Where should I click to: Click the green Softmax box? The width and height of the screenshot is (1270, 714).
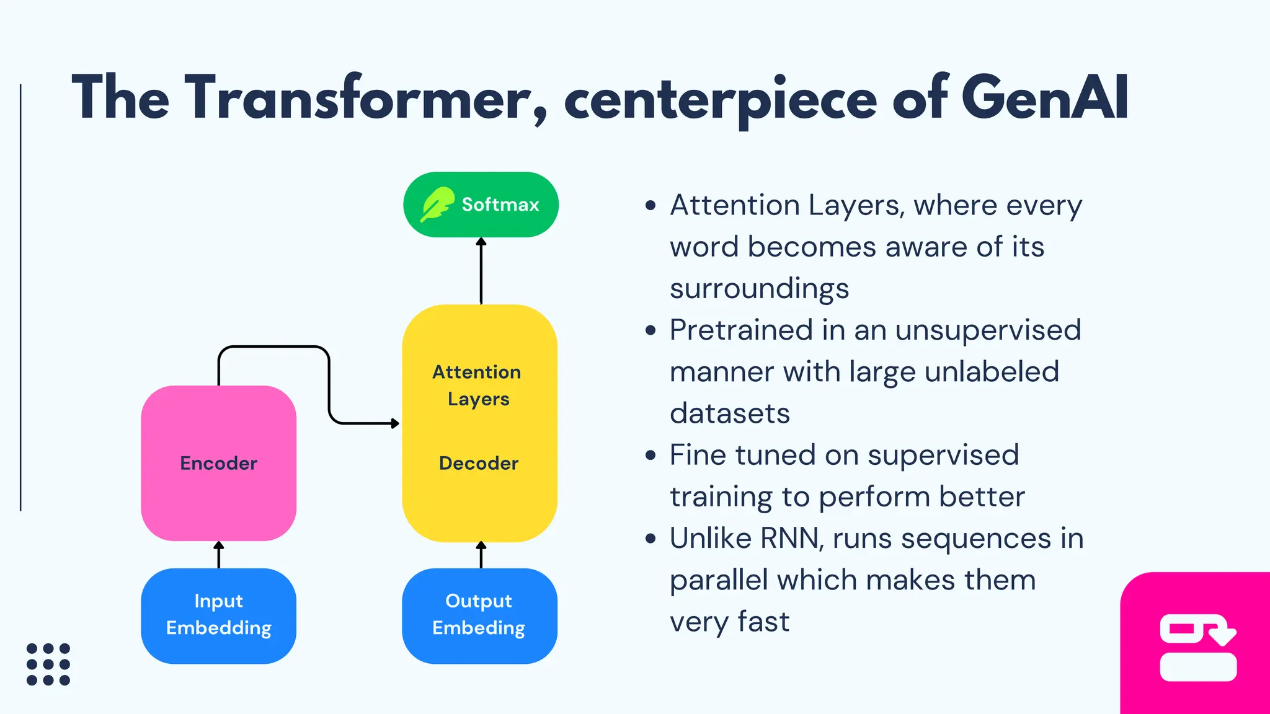coord(481,205)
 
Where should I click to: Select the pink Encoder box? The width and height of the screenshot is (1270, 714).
coord(218,463)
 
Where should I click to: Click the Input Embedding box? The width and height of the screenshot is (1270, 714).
coord(218,615)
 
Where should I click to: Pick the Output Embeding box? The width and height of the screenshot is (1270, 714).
coord(479,615)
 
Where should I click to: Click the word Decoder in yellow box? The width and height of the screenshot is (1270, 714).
coord(478,463)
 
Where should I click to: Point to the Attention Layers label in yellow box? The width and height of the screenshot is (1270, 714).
coord(477,385)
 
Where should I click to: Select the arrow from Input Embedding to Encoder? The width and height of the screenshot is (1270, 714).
coord(219,554)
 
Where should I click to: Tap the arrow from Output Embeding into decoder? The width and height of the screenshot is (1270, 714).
coord(481,554)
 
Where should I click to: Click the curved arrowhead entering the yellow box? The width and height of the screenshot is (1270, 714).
coord(394,423)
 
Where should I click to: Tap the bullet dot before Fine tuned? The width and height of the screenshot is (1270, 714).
coord(650,456)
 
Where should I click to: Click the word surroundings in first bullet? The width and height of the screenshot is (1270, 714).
coord(759,289)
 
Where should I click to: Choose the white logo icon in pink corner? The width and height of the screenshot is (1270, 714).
coord(1197,648)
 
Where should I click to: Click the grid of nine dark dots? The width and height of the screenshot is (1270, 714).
coord(48,664)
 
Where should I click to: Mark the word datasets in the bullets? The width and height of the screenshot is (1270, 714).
coord(730,413)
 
